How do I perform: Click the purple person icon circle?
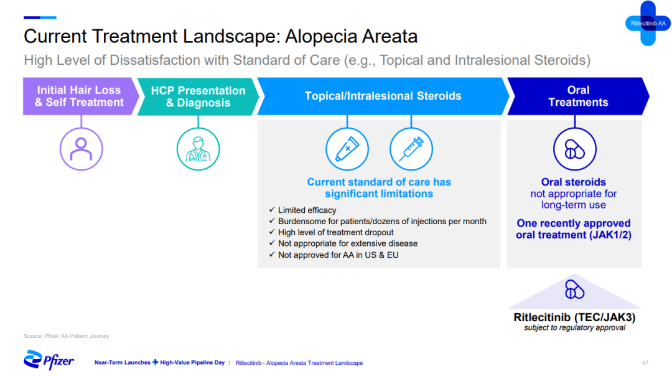(81, 149)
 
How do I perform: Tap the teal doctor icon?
(198, 149)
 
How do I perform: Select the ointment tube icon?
(347, 149)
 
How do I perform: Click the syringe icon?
(411, 149)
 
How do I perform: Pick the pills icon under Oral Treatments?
(574, 149)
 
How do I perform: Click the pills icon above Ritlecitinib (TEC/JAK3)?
(574, 289)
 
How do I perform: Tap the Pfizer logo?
(49, 360)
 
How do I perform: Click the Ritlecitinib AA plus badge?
(648, 23)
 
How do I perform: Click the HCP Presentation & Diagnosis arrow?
(198, 96)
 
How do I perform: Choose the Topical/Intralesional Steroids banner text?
(383, 96)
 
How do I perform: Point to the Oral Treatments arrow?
(578, 96)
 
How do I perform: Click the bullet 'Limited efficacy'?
(307, 210)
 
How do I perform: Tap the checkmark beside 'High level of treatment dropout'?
(272, 232)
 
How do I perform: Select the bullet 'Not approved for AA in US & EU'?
(338, 255)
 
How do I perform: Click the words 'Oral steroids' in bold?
(574, 182)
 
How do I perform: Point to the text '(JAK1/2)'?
(610, 235)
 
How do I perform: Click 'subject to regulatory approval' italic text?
(574, 327)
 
